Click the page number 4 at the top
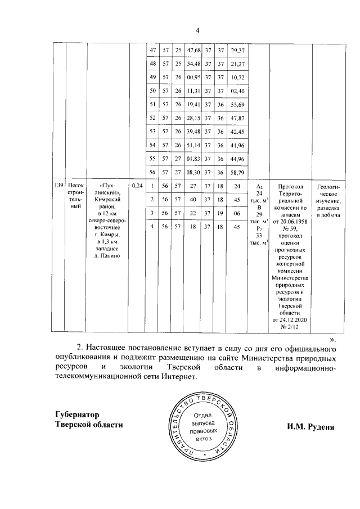tap(197, 30)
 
